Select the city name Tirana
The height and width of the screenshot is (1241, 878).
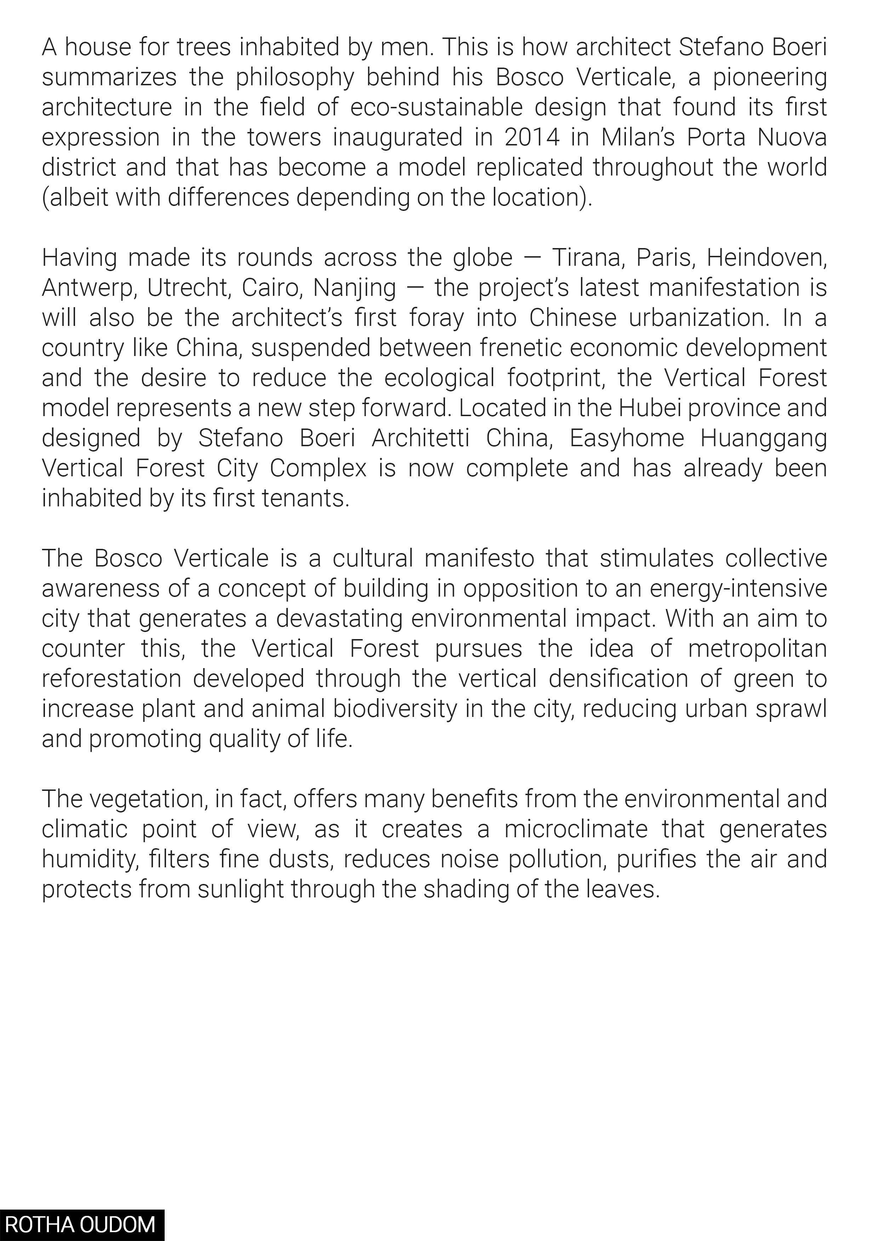pos(588,258)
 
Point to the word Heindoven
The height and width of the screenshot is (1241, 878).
pos(766,258)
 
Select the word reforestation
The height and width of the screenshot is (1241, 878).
pos(112,679)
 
